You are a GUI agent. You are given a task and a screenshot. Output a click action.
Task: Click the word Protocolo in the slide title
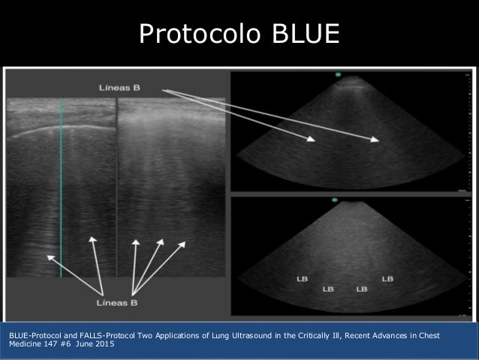click(x=191, y=34)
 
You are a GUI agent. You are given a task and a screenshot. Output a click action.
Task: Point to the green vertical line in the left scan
click(x=62, y=188)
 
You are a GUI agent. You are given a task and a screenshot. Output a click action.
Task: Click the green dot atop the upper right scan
click(x=339, y=74)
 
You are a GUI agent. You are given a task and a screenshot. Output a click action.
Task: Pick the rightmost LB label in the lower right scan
click(x=387, y=279)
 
